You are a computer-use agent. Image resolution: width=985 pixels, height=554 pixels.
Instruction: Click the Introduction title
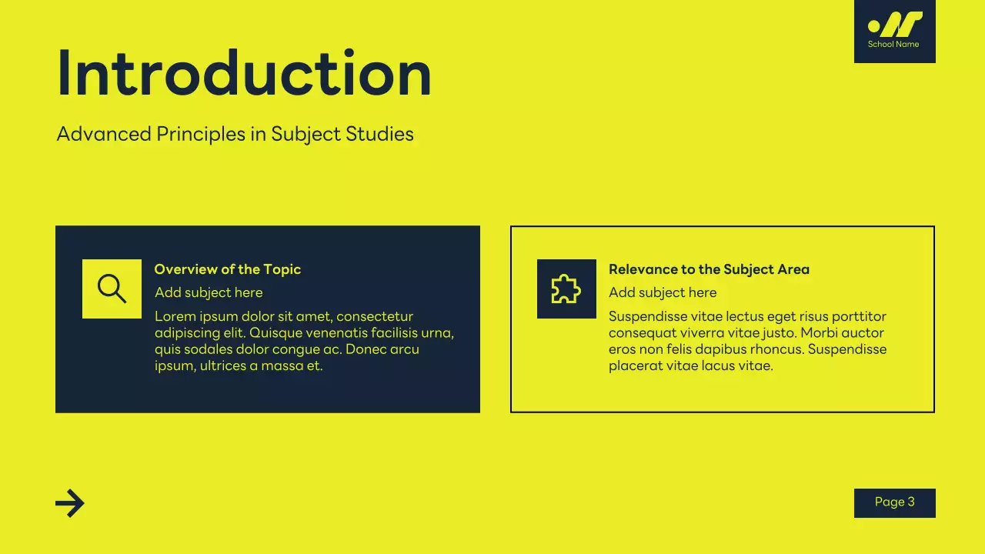(244, 74)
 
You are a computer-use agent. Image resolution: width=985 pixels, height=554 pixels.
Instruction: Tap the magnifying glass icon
(112, 289)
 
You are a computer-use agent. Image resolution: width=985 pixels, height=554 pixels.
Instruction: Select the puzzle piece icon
(566, 289)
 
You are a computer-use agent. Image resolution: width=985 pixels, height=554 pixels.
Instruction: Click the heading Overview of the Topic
(227, 269)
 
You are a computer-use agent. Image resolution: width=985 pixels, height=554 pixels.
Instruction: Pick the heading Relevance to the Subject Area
(709, 269)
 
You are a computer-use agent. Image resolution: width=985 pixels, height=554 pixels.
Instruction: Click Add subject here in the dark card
(209, 292)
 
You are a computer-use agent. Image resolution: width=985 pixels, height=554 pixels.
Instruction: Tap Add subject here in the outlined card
(663, 292)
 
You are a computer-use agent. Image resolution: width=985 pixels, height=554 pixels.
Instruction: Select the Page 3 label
(894, 502)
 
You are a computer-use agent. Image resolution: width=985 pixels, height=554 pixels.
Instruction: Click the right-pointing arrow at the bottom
(70, 503)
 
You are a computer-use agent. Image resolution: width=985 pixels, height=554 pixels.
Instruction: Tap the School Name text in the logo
(893, 45)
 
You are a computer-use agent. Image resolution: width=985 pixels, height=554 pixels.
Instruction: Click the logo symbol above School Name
(894, 24)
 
